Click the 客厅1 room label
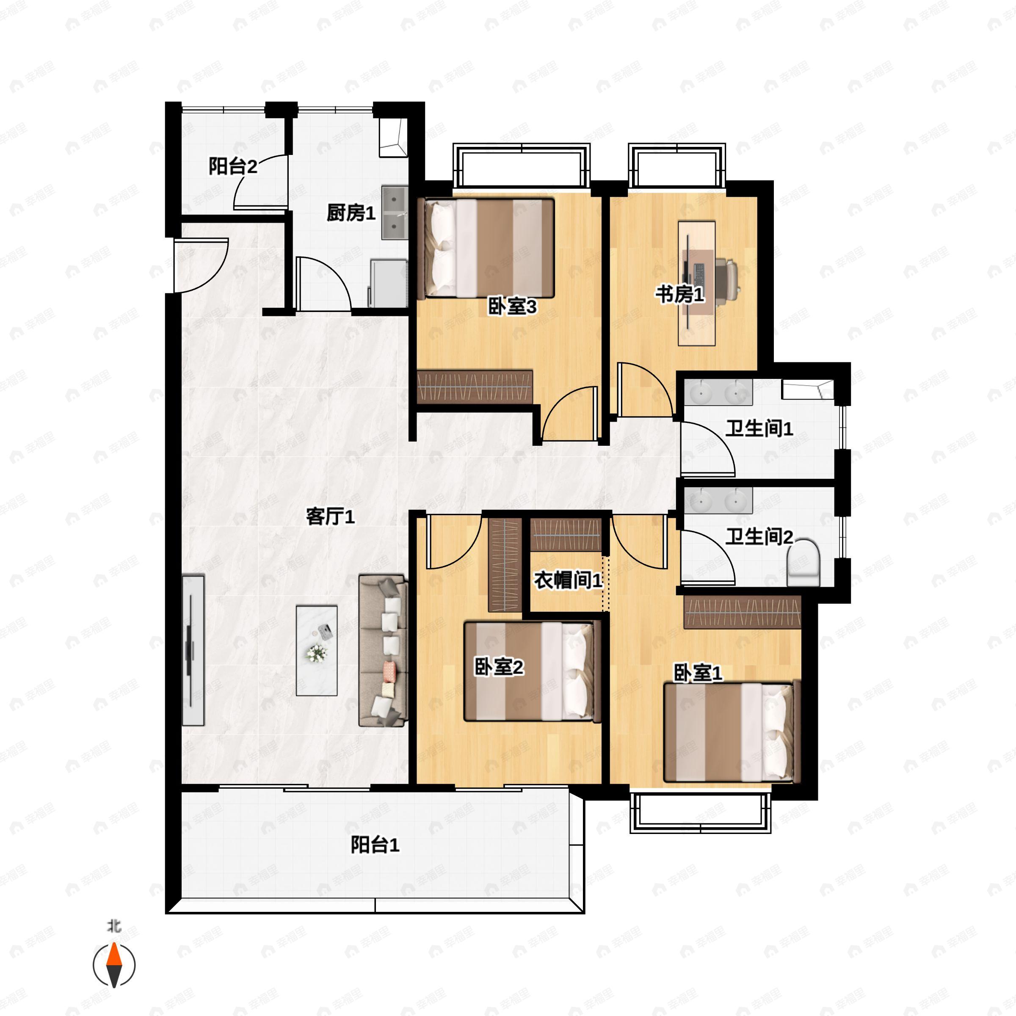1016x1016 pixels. (330, 517)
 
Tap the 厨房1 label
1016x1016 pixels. (351, 213)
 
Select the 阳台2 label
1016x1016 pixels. (232, 167)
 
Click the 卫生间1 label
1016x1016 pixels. (759, 428)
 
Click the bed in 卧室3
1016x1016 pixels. (489, 248)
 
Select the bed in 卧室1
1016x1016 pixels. (728, 732)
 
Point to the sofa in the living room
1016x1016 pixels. (383, 651)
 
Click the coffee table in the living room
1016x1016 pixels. (316, 651)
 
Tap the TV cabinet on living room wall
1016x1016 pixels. (193, 651)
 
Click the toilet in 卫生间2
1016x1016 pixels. (803, 564)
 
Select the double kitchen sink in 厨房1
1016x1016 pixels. (395, 212)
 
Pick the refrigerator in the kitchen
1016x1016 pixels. (389, 283)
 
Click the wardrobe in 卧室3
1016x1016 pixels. (474, 387)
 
